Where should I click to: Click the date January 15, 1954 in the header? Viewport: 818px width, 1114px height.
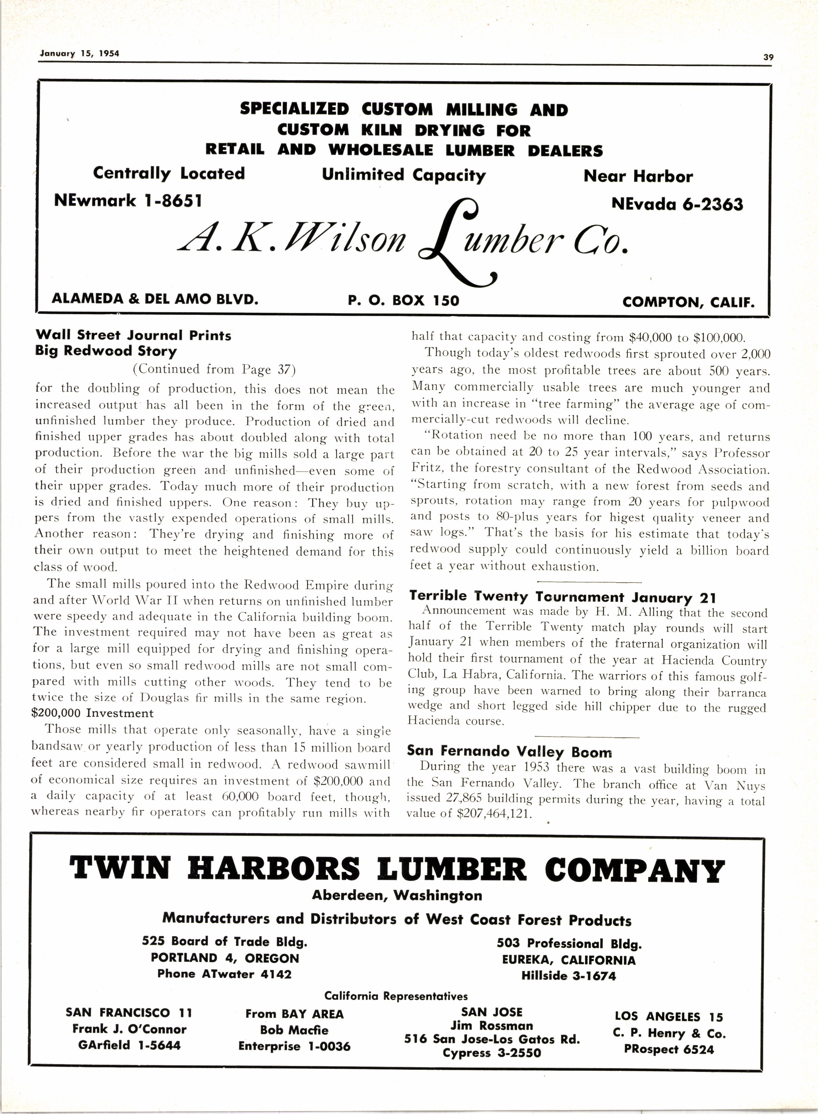[x=79, y=53]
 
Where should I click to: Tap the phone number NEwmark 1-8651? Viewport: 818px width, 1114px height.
[x=128, y=200]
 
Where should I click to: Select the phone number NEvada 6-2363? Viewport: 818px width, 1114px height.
[x=677, y=204]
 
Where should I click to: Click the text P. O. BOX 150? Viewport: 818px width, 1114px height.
[x=404, y=300]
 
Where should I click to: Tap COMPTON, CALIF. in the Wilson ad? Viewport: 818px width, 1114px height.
[x=688, y=302]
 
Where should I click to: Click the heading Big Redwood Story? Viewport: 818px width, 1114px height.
[x=106, y=351]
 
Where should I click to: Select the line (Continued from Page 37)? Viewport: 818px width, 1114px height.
[x=214, y=369]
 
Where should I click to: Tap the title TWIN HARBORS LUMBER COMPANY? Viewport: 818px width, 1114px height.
[x=396, y=870]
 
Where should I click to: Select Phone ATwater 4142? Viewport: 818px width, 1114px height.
[x=224, y=974]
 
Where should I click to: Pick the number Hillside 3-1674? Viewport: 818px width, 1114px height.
[x=568, y=976]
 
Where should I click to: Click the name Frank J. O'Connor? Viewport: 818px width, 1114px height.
[x=129, y=1029]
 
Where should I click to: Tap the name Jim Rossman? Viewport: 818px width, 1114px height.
[x=492, y=1026]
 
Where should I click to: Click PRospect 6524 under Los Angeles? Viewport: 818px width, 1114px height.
[x=669, y=1049]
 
